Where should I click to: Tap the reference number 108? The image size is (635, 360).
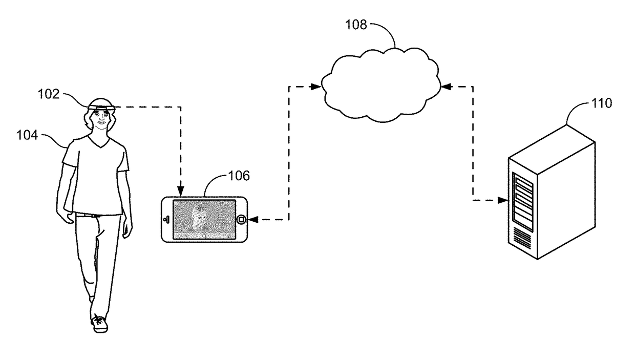(x=356, y=25)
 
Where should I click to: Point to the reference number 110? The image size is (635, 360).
(x=600, y=104)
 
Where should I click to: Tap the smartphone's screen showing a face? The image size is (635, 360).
(x=203, y=219)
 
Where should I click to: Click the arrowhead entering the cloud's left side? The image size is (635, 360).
(x=316, y=87)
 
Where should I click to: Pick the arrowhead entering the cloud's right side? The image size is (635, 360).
(x=446, y=87)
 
